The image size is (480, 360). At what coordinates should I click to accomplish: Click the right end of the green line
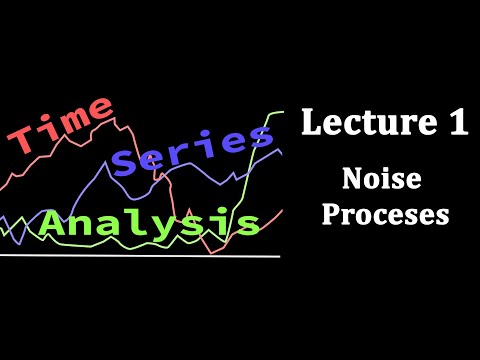tap(284, 112)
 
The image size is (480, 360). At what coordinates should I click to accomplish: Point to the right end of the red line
tap(284, 209)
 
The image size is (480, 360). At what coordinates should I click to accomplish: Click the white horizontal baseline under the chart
tap(140, 256)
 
